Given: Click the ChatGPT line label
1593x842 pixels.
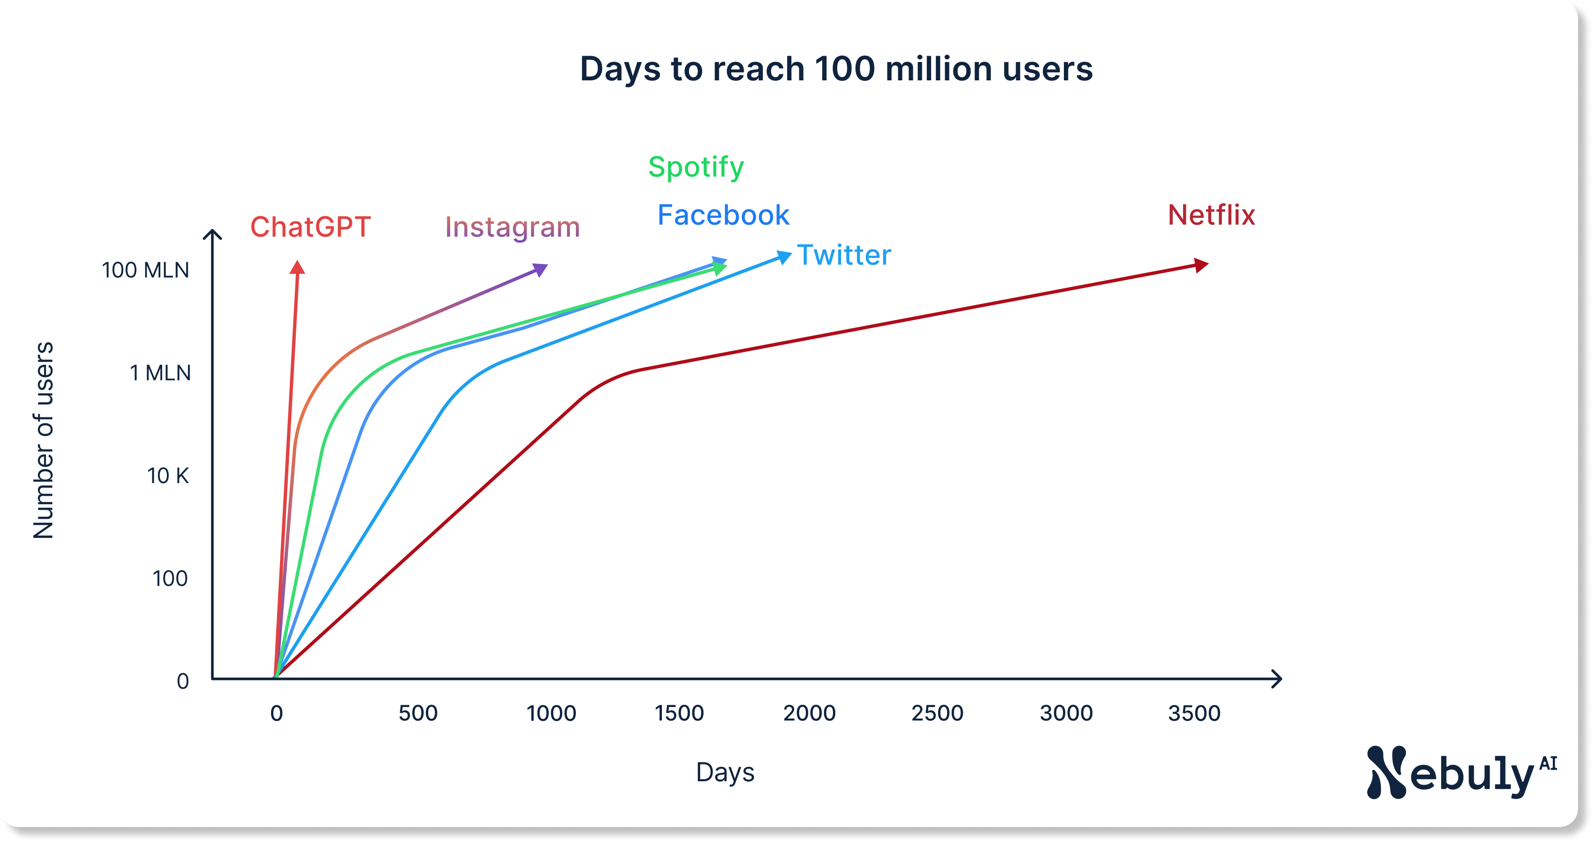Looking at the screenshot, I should (x=310, y=227).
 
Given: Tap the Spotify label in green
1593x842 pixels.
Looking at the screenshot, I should (x=696, y=167).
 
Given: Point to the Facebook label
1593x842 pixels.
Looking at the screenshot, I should (x=723, y=215).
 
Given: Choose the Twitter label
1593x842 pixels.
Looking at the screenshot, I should (x=844, y=255).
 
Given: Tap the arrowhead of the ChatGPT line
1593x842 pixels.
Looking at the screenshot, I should (x=297, y=268).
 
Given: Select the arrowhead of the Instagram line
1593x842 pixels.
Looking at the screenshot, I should (x=540, y=270).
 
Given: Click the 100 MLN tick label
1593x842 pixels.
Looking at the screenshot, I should (x=145, y=270).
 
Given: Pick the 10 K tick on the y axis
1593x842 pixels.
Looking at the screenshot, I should (x=168, y=476).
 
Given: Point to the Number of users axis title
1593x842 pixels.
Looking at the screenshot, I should (x=43, y=440).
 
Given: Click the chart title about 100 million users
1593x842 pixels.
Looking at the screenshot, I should (x=836, y=69).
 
